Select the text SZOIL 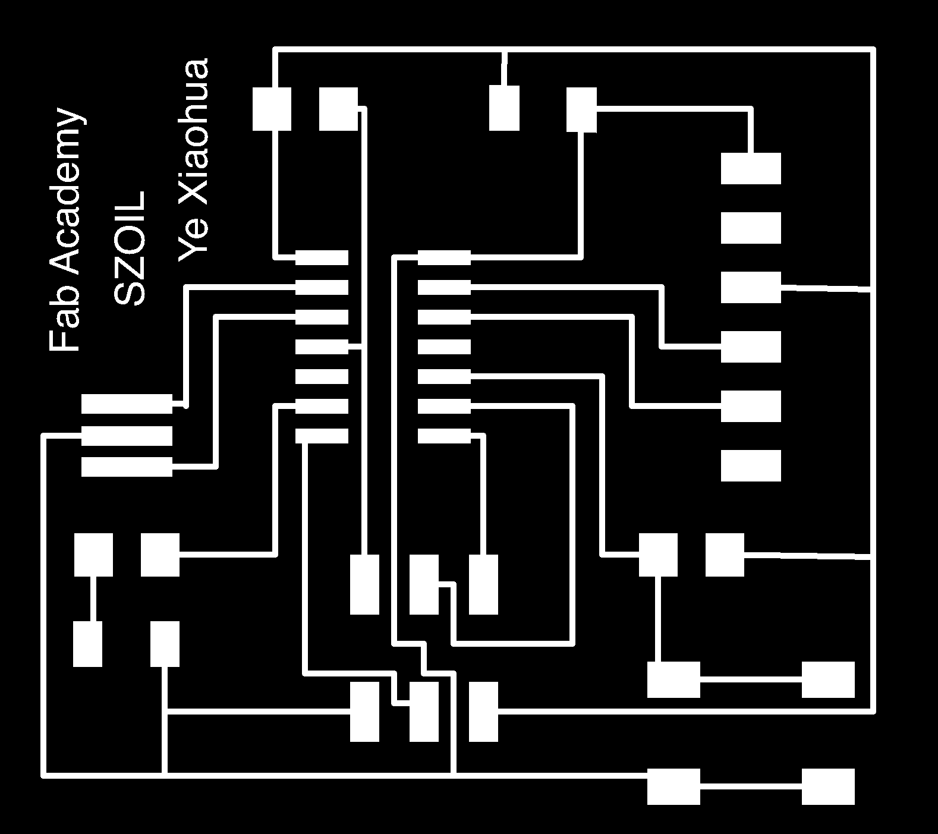pos(129,248)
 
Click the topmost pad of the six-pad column pos(751,168)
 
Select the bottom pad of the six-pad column pos(751,465)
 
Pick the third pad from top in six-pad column pos(751,287)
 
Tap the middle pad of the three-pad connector pos(127,436)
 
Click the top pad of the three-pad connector pos(127,404)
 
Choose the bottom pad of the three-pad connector pos(127,467)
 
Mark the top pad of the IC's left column pos(322,257)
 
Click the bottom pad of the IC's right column pos(444,436)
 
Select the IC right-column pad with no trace pos(444,347)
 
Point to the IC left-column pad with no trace pos(322,377)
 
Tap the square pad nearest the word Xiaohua pos(272,109)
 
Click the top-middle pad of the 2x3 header pos(424,585)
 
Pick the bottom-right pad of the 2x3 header pos(483,712)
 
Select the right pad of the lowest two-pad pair pos(828,786)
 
